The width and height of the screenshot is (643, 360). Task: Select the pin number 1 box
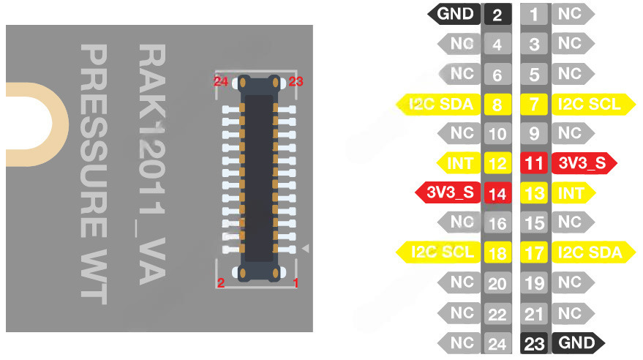[x=534, y=14]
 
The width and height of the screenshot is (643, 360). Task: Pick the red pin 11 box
[x=534, y=163]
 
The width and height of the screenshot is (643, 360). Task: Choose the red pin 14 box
[x=497, y=194]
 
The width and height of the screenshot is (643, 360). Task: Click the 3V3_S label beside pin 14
[x=451, y=193]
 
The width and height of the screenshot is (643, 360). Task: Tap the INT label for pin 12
[x=459, y=163]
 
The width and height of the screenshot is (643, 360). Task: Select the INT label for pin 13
[x=571, y=193]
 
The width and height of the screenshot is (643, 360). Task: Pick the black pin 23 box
[x=534, y=342]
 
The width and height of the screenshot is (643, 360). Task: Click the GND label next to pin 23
[x=576, y=342]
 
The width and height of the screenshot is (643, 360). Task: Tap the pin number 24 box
[x=497, y=342]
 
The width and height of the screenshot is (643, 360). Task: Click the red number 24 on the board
[x=221, y=81]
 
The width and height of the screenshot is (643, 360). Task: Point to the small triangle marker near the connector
[x=306, y=249]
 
